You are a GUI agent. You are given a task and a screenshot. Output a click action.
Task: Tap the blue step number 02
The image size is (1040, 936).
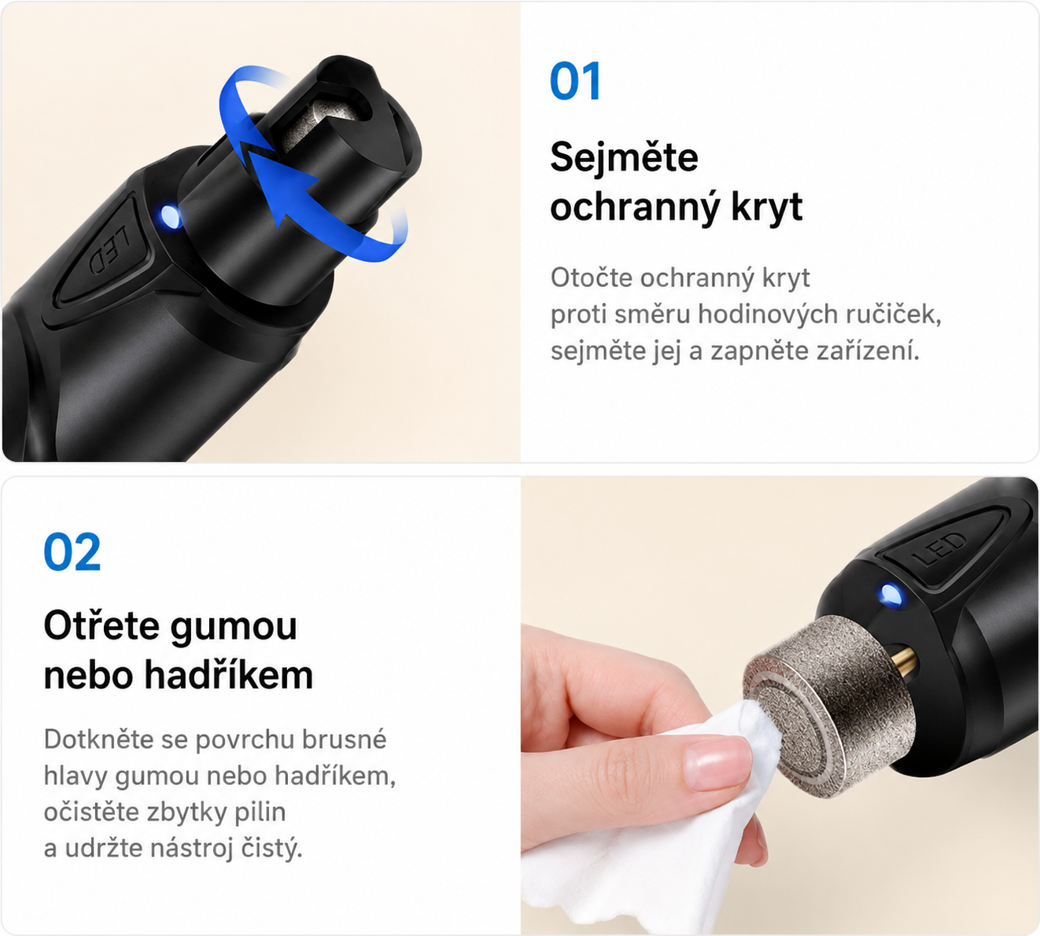[x=72, y=551]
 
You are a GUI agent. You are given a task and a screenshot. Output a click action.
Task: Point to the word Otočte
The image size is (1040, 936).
[x=591, y=278]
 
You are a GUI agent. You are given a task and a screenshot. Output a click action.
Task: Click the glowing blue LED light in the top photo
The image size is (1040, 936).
[x=169, y=216]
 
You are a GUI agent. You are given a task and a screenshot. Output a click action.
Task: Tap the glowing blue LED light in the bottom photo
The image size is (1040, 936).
[x=890, y=595]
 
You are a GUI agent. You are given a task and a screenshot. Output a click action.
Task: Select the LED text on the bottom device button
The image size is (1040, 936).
[x=939, y=551]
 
